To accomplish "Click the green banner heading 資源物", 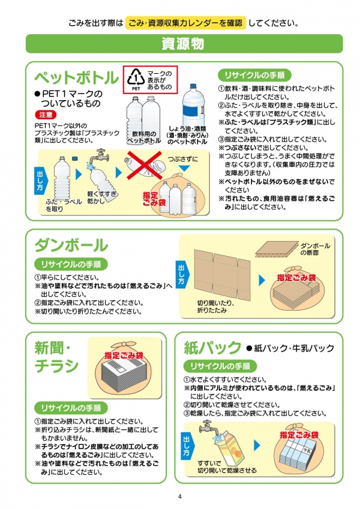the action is coord(184,44).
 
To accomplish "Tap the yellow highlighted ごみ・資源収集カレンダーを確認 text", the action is coord(185,23).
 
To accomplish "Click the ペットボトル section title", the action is coord(77,77).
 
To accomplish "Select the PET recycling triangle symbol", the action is coord(136,78).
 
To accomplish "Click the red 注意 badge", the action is coord(46,115).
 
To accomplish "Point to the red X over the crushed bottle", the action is coord(144,165).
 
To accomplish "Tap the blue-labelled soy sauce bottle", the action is coord(193,104).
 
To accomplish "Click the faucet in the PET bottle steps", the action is coord(100,156).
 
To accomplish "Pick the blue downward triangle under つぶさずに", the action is coord(184,168).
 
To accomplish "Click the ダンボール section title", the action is coord(71,245).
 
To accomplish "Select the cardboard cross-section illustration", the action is coord(277,249).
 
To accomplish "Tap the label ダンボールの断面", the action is coord(314,249).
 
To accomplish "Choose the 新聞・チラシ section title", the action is coord(56,357).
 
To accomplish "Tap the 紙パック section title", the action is coord(212,348).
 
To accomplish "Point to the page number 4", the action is coord(179,496).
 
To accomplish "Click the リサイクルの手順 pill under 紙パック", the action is coord(220,366).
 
